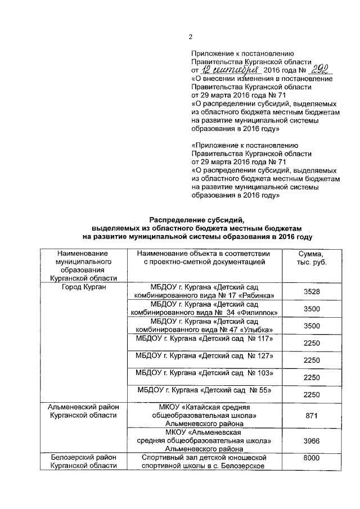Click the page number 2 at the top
pyautogui.click(x=190, y=37)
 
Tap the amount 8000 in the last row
pyautogui.click(x=311, y=459)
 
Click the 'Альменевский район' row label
pyautogui.click(x=84, y=407)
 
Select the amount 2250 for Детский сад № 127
pyautogui.click(x=311, y=360)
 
